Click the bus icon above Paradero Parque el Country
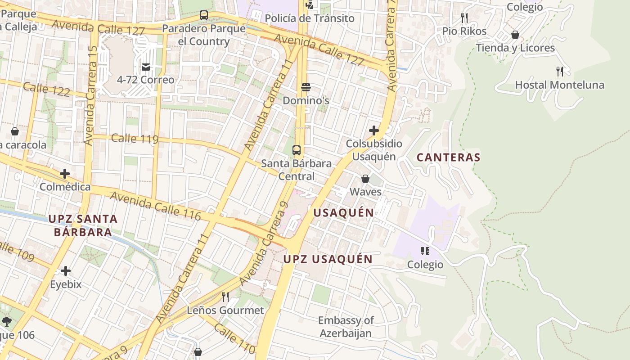click(x=204, y=15)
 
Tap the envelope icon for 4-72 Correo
click(x=146, y=67)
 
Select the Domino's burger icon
click(x=306, y=87)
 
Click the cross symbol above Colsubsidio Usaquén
click(x=374, y=130)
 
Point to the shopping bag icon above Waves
click(x=365, y=179)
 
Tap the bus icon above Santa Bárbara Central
click(x=297, y=150)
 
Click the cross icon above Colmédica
click(x=65, y=174)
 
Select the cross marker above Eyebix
click(x=66, y=271)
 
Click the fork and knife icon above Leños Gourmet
click(x=225, y=297)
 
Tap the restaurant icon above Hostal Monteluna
click(x=560, y=71)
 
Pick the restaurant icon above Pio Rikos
click(x=464, y=18)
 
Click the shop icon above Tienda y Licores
click(x=515, y=35)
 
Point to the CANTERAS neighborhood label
click(x=448, y=157)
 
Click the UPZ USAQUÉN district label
click(x=328, y=259)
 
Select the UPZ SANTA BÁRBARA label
click(x=83, y=225)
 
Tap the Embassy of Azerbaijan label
click(x=346, y=327)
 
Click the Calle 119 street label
click(x=135, y=138)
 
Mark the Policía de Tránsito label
click(x=310, y=18)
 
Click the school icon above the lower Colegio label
click(x=425, y=251)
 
